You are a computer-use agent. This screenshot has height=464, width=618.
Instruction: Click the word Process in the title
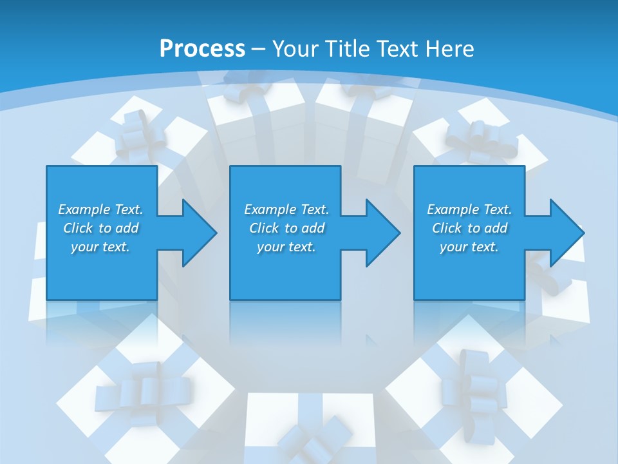pos(202,48)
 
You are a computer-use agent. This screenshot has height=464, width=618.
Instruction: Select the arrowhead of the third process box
pos(564,233)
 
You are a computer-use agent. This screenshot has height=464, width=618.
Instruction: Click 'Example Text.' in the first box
pos(100,209)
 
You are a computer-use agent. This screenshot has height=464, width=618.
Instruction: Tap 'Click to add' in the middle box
pos(286,228)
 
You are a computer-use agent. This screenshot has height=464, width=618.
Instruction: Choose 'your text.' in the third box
pos(469,247)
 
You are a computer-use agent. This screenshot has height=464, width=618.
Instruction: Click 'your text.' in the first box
pos(100,247)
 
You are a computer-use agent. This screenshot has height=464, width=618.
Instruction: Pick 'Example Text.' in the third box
pos(469,209)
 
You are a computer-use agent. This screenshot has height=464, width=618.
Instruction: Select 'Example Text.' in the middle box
pos(286,209)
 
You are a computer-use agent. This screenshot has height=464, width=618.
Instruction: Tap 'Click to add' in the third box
pos(469,228)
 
